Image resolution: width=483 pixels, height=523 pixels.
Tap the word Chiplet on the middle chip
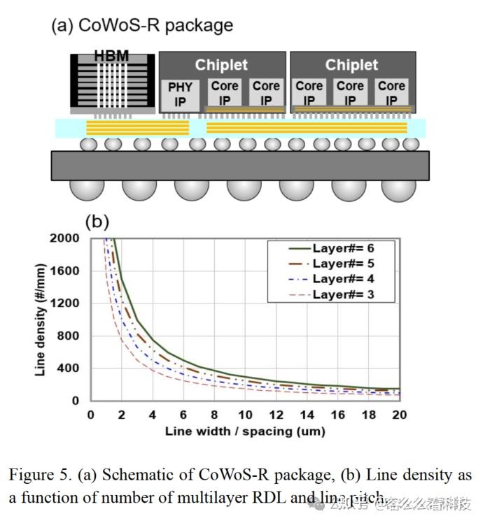coord(221,65)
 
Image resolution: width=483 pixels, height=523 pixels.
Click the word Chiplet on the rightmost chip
coord(351,65)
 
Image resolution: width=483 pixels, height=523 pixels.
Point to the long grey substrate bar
coord(240,165)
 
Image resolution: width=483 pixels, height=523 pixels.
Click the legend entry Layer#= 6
coord(344,248)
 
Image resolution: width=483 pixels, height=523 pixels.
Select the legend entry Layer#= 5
coord(344,264)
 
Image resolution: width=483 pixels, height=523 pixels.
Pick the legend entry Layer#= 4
coord(344,278)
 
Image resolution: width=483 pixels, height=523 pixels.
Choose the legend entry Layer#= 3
coord(344,294)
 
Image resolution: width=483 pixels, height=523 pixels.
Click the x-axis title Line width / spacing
coord(245,431)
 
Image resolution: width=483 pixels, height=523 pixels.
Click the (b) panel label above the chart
coord(97,222)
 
